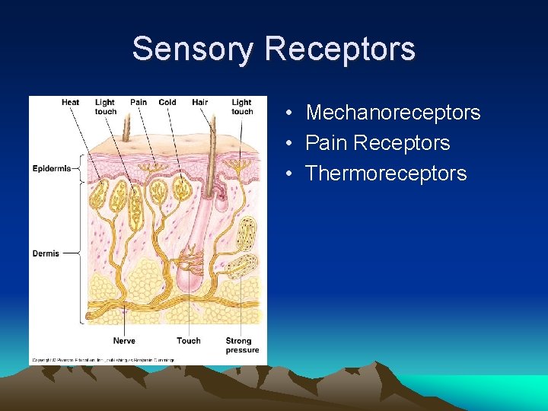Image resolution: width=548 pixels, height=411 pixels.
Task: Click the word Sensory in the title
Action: coord(194,49)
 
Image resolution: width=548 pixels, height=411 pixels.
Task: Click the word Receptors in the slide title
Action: coord(339,49)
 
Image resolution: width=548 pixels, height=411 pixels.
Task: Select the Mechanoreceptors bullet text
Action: coord(393,113)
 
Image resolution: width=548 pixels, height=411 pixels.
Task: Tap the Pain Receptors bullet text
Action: coord(378,143)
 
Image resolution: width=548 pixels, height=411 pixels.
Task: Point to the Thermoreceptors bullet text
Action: coord(386,174)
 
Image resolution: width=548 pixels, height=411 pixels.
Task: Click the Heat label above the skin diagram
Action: coord(70,103)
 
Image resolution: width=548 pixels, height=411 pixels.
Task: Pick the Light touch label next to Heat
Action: coord(105,107)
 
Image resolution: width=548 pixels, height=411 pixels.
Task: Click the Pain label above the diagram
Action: coord(139,103)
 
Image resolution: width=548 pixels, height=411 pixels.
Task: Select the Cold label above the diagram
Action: coord(167,103)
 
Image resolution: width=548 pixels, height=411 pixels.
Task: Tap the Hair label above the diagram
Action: coord(200,103)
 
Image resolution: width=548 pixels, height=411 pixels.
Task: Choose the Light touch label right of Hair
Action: coord(242,107)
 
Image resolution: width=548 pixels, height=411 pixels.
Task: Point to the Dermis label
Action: coord(46,253)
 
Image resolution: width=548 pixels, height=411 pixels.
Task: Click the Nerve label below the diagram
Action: coord(124,340)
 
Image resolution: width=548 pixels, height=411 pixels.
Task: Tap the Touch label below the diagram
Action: coord(188,340)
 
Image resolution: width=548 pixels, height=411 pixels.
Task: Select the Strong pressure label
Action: coord(242,345)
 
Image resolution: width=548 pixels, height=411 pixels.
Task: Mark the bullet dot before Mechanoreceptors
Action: coord(292,113)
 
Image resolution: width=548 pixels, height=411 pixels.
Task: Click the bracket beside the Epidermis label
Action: coord(78,169)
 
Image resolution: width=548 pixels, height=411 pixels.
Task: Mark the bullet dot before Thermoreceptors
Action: coord(292,174)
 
